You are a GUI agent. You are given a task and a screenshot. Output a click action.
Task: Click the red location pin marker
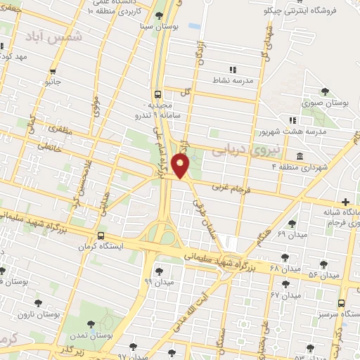pos(181,167)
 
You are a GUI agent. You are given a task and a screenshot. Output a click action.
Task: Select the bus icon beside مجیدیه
pos(157,93)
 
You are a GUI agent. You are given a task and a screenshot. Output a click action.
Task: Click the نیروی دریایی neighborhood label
pos(279,150)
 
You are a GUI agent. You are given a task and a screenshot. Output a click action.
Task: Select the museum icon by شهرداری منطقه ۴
pos(300,155)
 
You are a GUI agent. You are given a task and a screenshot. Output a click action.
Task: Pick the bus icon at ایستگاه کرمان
pos(101,236)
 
